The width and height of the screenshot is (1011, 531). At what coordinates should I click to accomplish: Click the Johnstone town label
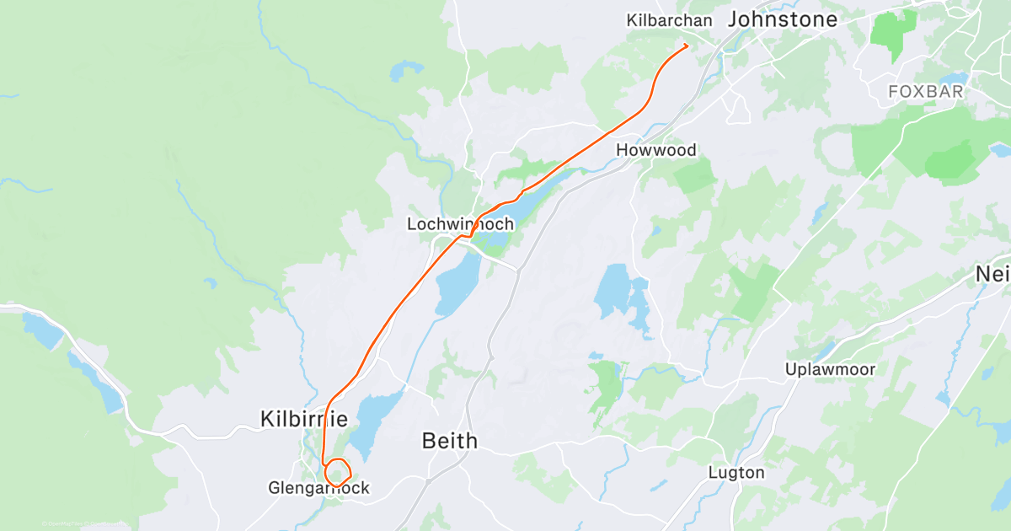coord(783,19)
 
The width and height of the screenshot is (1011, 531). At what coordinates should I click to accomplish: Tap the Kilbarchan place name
coord(669,19)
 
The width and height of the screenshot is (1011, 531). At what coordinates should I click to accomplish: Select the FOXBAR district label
coord(925,92)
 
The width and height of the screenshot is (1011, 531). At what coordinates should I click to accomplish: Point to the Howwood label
coord(656,150)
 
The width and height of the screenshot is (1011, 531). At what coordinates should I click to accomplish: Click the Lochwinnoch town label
coord(459,224)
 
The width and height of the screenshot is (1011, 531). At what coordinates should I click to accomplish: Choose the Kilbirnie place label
coord(304,418)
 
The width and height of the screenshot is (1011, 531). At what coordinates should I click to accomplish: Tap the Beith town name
coord(449,440)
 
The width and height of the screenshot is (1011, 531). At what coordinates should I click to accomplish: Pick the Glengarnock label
coord(318,488)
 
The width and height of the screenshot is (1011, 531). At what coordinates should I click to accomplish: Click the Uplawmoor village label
coord(830,369)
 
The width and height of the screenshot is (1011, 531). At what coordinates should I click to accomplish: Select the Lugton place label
coord(736,472)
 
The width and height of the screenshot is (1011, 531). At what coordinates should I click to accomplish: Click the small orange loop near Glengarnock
coord(338,471)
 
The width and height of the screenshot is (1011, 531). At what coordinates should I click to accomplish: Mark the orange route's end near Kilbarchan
coord(687,45)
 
